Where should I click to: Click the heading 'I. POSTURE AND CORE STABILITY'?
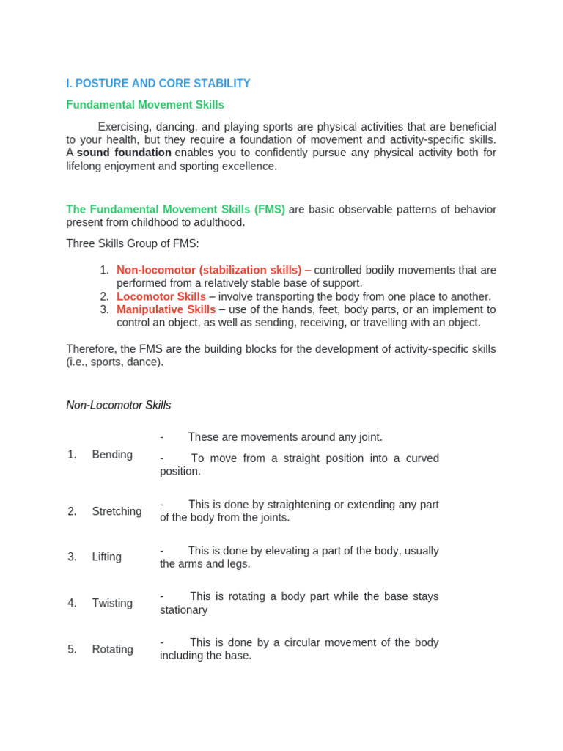pos(158,84)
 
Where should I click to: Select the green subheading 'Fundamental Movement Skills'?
pos(145,105)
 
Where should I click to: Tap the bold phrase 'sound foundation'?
pos(124,153)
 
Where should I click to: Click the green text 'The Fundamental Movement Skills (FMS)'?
pos(176,210)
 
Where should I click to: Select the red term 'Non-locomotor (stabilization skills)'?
pos(209,270)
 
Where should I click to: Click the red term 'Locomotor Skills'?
pos(161,296)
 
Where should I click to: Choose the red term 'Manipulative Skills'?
pos(166,309)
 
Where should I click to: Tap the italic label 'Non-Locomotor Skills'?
pos(119,405)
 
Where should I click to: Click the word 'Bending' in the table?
pos(112,455)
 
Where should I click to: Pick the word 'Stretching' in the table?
pos(117,511)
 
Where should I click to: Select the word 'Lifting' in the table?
pos(107,557)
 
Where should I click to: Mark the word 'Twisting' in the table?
pos(112,603)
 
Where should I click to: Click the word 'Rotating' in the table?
pos(113,649)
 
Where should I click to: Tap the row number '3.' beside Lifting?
pos(72,557)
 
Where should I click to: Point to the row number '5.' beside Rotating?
pos(72,649)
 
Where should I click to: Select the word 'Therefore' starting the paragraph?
pos(91,349)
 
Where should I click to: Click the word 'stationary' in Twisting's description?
pos(184,610)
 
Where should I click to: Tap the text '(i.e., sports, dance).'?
pos(115,362)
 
